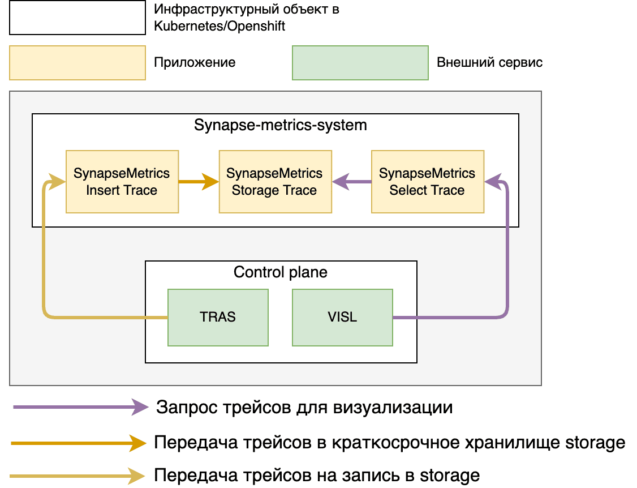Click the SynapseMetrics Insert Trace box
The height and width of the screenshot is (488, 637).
122,182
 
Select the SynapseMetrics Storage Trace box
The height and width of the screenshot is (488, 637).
275,182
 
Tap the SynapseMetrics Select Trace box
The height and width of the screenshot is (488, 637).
427,182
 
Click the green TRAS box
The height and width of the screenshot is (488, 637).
217,317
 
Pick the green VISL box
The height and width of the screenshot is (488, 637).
342,317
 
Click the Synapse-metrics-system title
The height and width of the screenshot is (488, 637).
280,125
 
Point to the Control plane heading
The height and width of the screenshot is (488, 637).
280,272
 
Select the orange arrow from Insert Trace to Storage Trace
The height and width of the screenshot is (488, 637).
198,182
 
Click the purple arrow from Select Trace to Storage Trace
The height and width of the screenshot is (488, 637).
351,182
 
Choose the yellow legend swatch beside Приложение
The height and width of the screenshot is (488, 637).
77,62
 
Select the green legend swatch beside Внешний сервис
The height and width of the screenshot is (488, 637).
360,62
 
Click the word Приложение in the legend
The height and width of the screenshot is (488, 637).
195,62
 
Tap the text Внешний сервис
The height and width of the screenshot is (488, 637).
489,62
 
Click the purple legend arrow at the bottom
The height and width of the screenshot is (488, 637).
79,406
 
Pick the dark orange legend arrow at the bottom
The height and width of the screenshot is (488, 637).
79,443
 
